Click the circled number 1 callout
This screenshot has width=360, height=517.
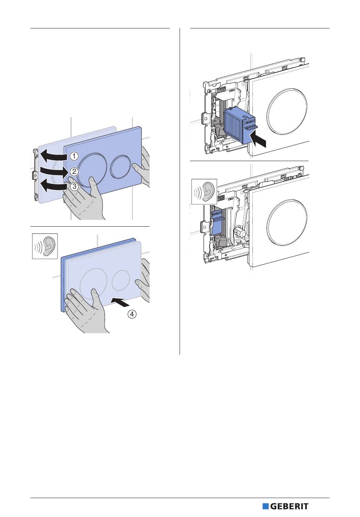(74, 155)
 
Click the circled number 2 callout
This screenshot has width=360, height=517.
(74, 171)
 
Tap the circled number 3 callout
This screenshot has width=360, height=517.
(74, 186)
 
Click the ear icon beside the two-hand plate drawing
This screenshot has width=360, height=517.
(44, 246)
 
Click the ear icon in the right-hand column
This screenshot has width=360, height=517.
(204, 192)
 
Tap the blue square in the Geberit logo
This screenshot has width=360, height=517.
(266, 506)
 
